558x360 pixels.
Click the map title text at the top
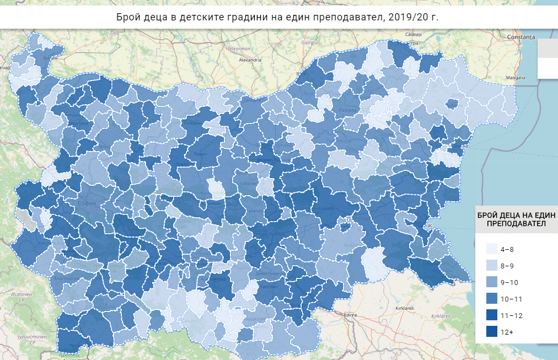coord(278,17)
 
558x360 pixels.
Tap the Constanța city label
coord(521,36)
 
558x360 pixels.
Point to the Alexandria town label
coord(246,59)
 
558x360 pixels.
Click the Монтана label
coord(79,123)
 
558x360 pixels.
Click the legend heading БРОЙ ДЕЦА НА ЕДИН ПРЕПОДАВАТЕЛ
coord(516,219)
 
